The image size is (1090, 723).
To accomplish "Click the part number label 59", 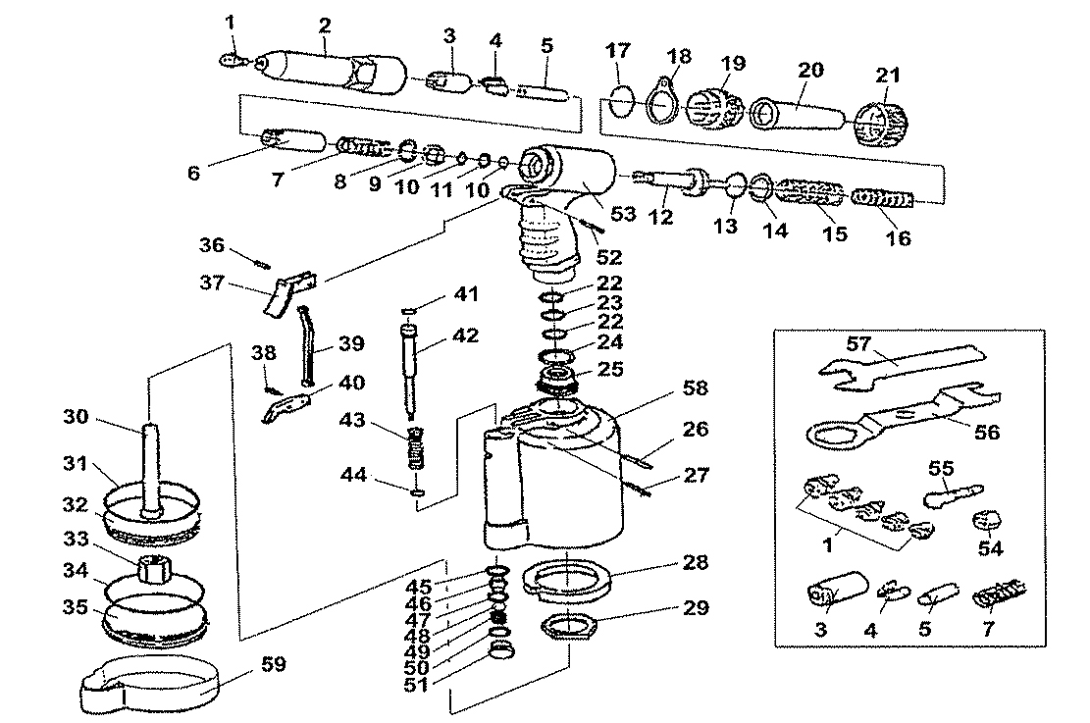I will pyautogui.click(x=273, y=664).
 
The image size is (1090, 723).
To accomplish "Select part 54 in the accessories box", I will pyautogui.click(x=988, y=521).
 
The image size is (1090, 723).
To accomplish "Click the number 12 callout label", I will pyautogui.click(x=661, y=218).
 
